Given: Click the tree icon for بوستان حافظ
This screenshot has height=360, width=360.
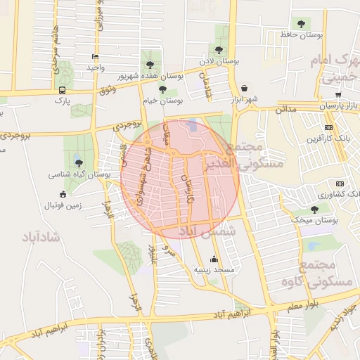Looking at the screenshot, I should (x=301, y=24).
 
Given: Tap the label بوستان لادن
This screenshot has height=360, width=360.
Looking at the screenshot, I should (x=215, y=61).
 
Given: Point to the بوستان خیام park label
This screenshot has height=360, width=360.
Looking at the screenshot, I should (x=162, y=101).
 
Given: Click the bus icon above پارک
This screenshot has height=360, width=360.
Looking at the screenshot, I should (x=63, y=90).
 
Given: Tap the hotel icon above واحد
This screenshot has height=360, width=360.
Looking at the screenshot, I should (x=96, y=57).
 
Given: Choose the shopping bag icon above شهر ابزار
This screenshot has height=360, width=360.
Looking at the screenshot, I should (x=243, y=89).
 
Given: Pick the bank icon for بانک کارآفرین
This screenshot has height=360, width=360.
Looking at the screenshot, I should (x=328, y=127).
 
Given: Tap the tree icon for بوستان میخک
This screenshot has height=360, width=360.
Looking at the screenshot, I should (x=314, y=210).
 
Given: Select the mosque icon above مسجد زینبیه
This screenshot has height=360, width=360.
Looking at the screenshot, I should (x=214, y=259).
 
